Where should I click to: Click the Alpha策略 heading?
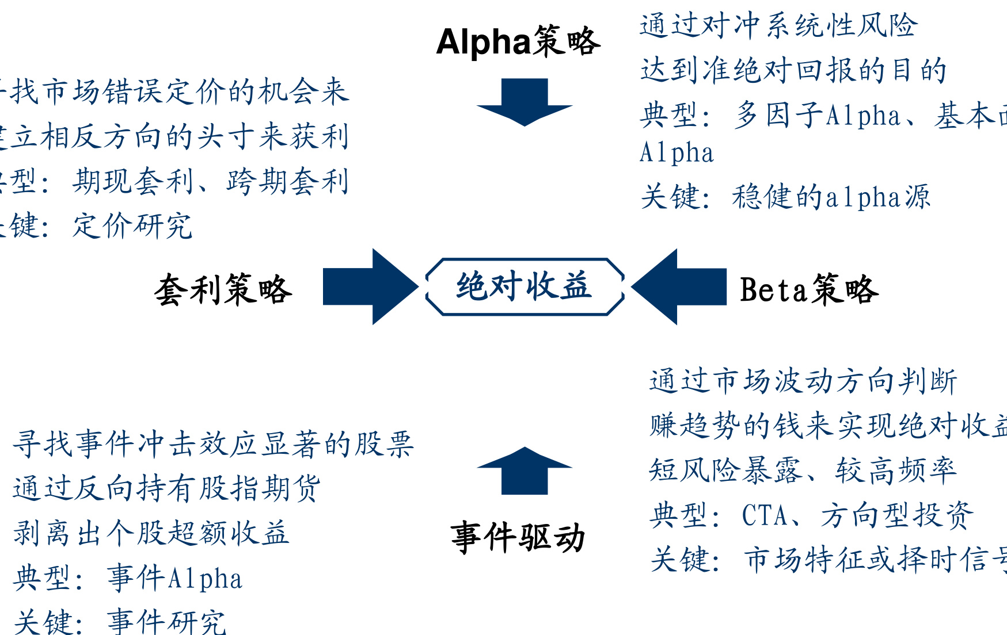coord(518,42)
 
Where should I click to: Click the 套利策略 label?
coord(223,289)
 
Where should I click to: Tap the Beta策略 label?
coord(808,289)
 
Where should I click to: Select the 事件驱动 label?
coord(518,538)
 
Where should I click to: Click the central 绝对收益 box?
coord(525,286)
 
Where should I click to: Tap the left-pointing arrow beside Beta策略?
coord(679,286)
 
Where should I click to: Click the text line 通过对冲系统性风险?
coord(778,26)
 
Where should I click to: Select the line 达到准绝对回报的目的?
coord(793,71)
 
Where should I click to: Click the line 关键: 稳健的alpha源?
coord(785,197)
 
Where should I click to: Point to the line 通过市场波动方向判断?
coord(803,381)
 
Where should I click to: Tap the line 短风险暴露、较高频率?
coord(803,470)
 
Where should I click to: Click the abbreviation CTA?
coord(765,515)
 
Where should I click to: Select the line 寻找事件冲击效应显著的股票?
coord(213,444)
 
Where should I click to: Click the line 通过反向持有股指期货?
coord(166,488)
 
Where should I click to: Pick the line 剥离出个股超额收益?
coord(151,533)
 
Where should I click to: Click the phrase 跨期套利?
coord(288,182)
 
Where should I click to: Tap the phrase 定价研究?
coord(132,226)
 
